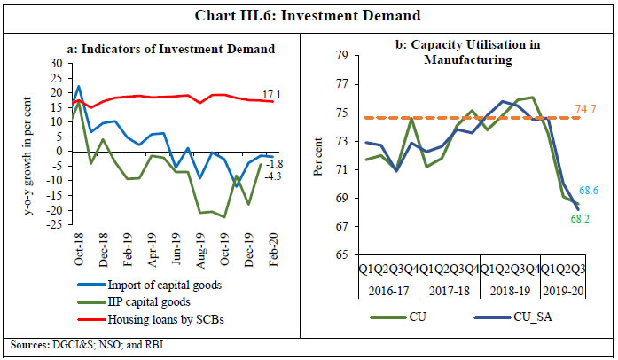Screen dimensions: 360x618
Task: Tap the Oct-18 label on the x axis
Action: (x=82, y=248)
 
